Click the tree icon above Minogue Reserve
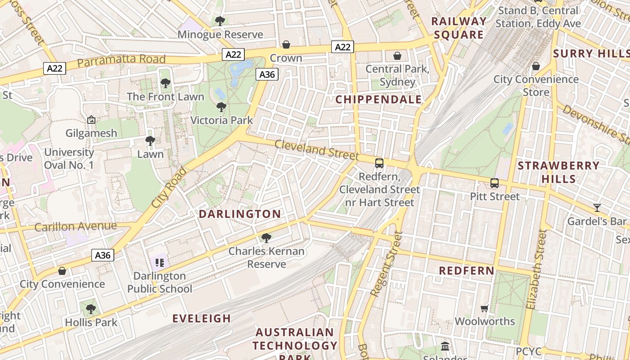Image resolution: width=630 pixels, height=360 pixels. (220, 21)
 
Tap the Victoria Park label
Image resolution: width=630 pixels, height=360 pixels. (221, 120)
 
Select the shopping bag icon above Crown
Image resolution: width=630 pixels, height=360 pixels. (286, 45)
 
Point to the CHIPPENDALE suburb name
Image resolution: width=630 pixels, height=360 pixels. (379, 99)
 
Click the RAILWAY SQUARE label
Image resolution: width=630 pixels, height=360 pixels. (459, 28)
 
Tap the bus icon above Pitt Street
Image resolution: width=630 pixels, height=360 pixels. (495, 183)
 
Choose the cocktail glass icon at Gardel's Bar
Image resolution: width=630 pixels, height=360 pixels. (597, 208)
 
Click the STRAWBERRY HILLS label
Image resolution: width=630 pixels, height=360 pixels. (558, 172)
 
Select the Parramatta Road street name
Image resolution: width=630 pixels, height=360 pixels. (121, 60)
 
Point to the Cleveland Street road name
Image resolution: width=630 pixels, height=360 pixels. (316, 150)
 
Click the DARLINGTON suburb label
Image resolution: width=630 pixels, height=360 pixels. (240, 214)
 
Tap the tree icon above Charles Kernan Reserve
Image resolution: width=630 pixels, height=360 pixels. (266, 238)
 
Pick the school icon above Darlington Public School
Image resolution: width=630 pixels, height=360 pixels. (159, 263)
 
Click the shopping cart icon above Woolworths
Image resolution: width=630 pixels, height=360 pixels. (485, 308)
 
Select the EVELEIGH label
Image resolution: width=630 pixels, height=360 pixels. (202, 318)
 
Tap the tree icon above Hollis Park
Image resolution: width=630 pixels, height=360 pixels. (91, 309)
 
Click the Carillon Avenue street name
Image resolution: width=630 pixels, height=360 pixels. (76, 226)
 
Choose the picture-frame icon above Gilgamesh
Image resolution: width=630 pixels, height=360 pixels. (91, 120)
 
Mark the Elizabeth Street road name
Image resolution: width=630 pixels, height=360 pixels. (536, 270)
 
